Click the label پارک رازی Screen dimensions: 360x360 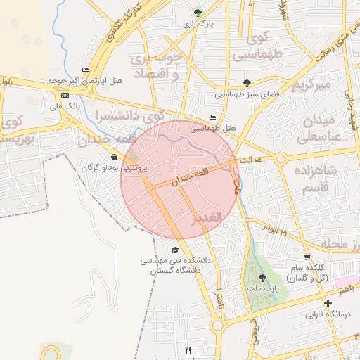click(x=198, y=24)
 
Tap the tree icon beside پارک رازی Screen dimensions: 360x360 click(x=198, y=12)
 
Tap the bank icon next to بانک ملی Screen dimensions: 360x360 click(x=65, y=95)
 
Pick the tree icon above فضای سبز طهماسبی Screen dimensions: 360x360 click(x=246, y=83)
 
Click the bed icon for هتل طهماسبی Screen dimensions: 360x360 click(x=213, y=117)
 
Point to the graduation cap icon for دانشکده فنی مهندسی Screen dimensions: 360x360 click(x=174, y=250)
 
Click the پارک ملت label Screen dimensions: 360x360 click(x=262, y=289)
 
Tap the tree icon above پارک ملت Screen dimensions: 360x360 click(x=262, y=278)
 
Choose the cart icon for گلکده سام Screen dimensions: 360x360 click(x=307, y=257)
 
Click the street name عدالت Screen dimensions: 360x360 click(x=250, y=160)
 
